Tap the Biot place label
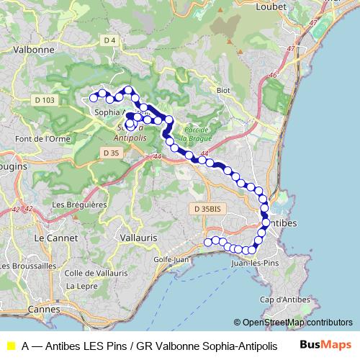click(223, 91)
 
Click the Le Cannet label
click(50, 236)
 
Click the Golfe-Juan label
click(171, 260)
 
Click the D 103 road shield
click(44, 101)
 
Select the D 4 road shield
click(109, 40)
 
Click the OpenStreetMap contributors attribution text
click(293, 323)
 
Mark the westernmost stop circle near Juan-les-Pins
click(208, 243)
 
